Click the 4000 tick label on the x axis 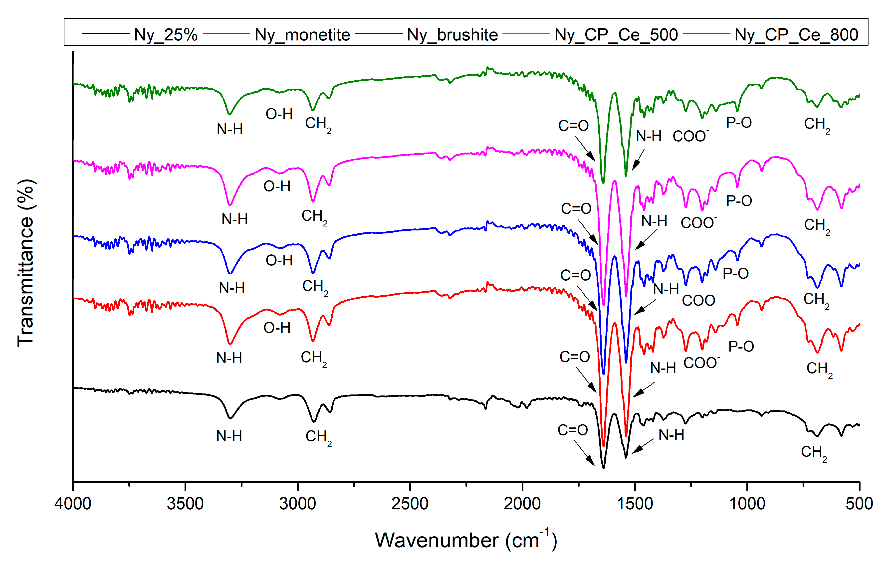pyautogui.click(x=73, y=504)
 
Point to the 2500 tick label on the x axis pyautogui.click(x=410, y=504)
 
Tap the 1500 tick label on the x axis pyautogui.click(x=635, y=504)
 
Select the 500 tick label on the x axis pyautogui.click(x=859, y=504)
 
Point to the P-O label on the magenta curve pyautogui.click(x=739, y=201)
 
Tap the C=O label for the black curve pyautogui.click(x=573, y=430)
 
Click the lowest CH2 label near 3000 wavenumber pyautogui.click(x=318, y=437)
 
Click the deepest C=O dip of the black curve pyautogui.click(x=603, y=467)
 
